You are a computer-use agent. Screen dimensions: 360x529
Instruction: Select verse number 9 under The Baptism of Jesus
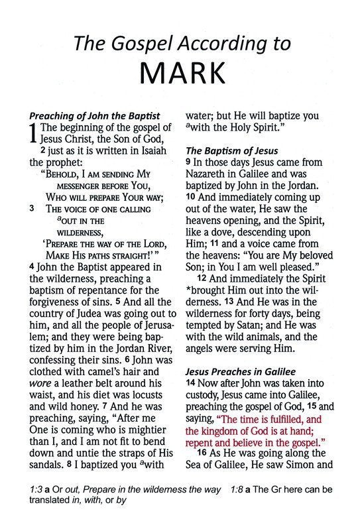[188, 162]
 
